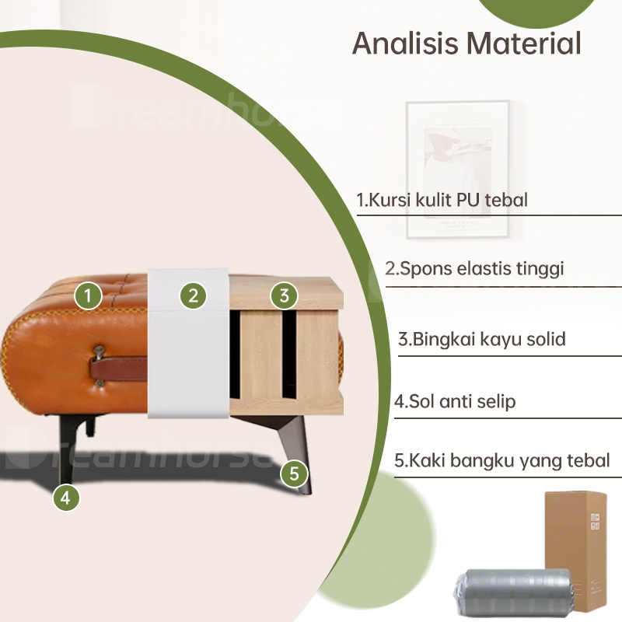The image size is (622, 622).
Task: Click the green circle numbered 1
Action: point(89,295)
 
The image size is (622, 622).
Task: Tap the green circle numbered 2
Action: point(193,295)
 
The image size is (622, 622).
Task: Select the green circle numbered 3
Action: point(285,295)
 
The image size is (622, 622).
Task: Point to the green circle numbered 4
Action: point(67,498)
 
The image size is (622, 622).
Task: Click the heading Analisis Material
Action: point(466,44)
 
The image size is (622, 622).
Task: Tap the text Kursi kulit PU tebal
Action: point(442,200)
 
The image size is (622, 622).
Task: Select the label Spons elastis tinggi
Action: point(474,269)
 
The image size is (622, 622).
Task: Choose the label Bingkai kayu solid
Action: point(481,339)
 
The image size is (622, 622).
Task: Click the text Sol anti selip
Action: point(455,402)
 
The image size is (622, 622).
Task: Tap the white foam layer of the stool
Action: point(190,350)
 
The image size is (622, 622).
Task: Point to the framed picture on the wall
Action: point(457,169)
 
